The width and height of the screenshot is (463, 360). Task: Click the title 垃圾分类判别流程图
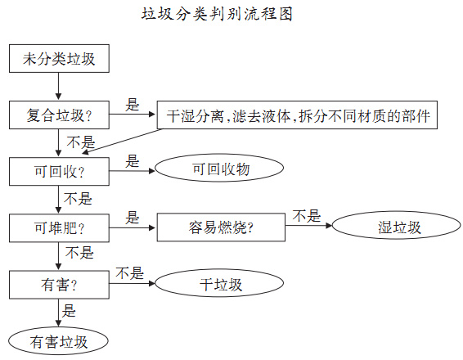coord(217,15)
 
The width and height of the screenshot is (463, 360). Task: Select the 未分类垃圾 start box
coord(58,60)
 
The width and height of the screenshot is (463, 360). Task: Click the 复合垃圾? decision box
coord(58,115)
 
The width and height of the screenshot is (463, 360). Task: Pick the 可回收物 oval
coord(219,169)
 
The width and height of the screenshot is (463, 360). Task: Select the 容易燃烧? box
coord(220,227)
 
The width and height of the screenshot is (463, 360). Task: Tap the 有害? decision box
coord(58,284)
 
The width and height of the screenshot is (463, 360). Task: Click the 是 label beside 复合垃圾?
coord(133,105)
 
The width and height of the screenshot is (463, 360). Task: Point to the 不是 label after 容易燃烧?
coord(308,216)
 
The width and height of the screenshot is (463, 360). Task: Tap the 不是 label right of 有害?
coord(129,272)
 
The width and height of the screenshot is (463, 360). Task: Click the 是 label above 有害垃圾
coord(70,310)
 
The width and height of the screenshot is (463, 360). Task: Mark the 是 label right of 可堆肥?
coord(133,217)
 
